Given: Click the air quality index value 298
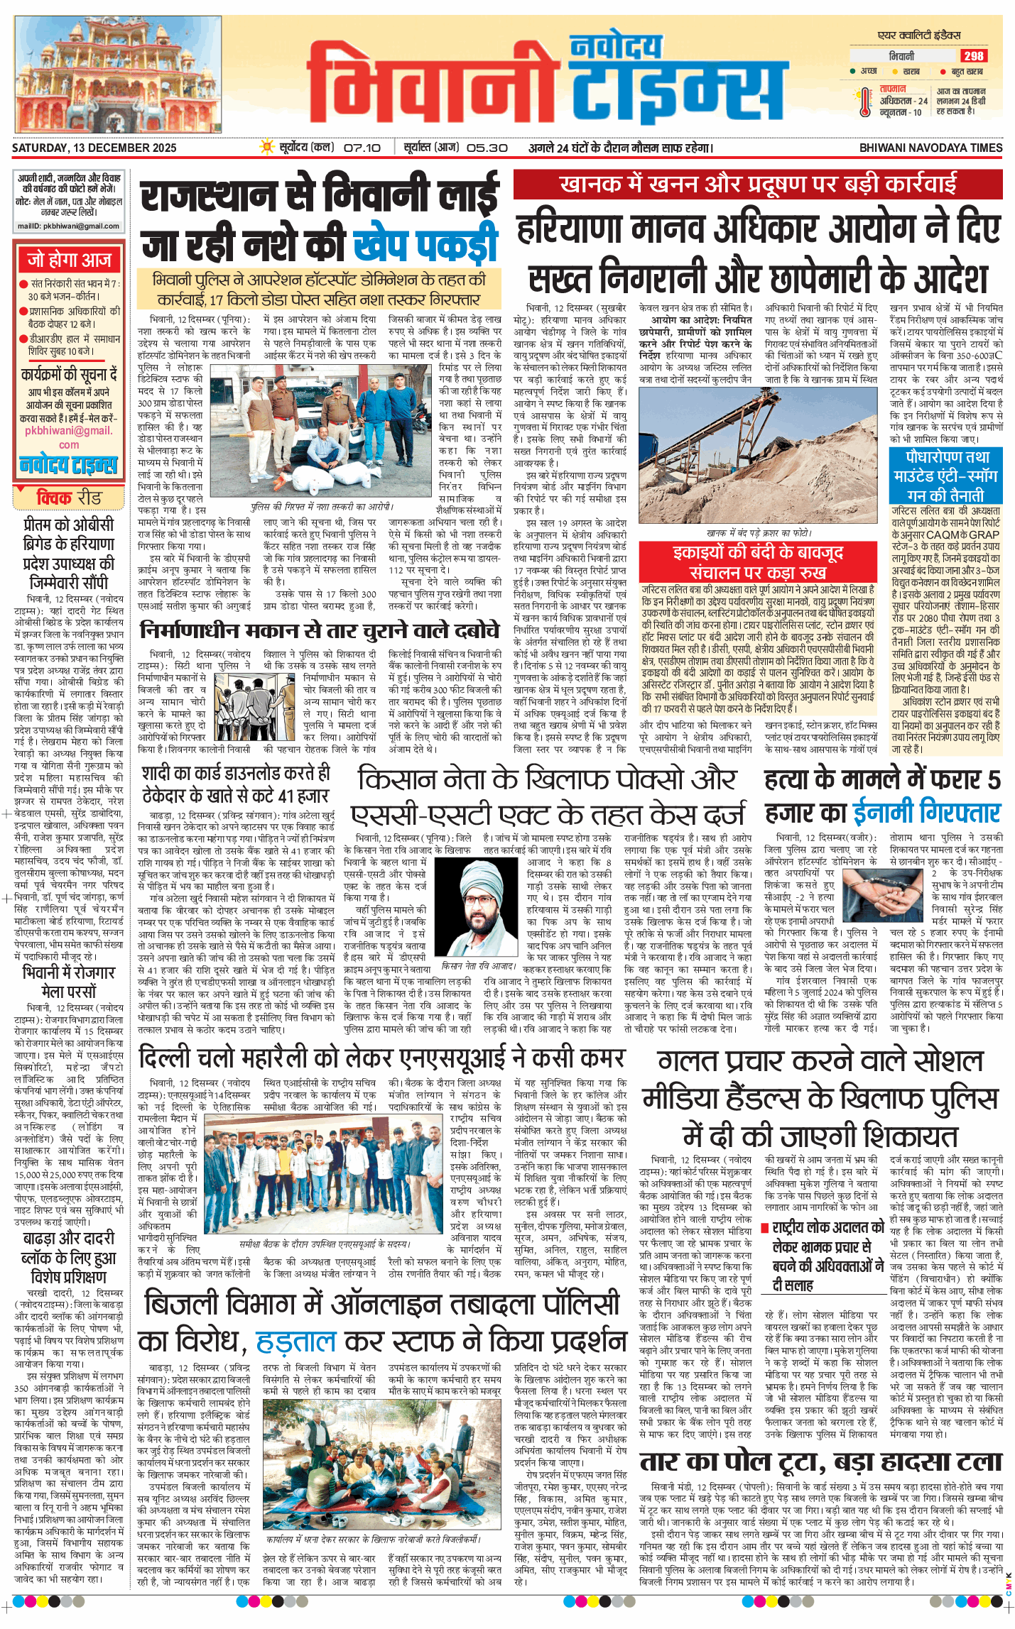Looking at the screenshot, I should (973, 56).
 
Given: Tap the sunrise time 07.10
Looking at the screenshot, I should (362, 148).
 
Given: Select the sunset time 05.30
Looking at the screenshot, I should (487, 148).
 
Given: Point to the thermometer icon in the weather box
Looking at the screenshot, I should (864, 102).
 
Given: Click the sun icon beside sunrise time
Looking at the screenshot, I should (267, 148).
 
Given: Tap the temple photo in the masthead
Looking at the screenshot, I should (119, 77).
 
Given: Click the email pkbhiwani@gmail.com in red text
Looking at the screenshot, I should (68, 437).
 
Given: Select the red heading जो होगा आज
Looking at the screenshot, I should (69, 260).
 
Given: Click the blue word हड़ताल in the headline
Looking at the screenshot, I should (295, 1342).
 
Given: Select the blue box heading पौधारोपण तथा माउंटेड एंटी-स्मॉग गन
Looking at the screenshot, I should (945, 475).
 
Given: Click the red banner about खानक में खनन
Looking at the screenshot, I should (758, 185).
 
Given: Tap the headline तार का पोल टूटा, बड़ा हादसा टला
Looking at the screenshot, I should (820, 1461).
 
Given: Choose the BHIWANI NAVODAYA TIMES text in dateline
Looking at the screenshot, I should (930, 148).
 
